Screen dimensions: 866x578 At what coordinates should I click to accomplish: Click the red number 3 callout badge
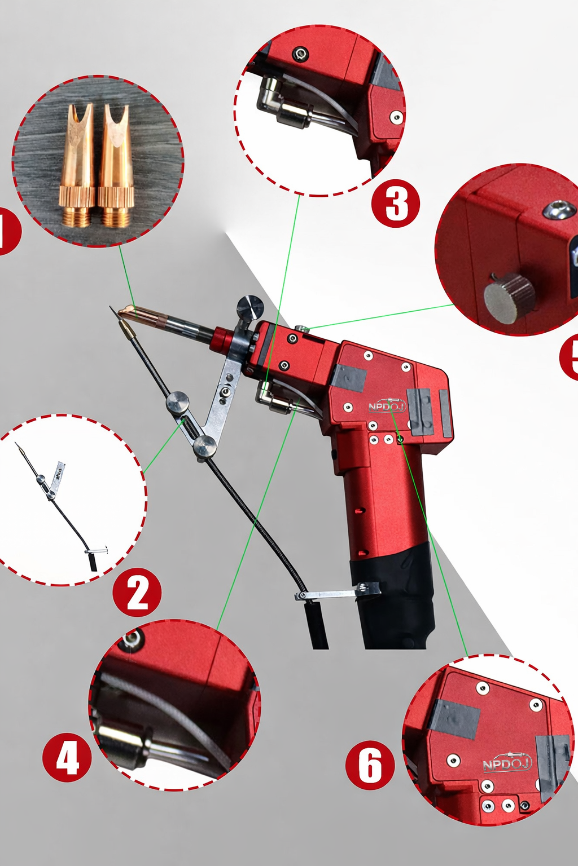click(x=396, y=204)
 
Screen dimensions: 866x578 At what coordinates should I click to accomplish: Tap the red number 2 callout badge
click(x=137, y=593)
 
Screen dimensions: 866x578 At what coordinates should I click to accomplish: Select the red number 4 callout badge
click(x=67, y=757)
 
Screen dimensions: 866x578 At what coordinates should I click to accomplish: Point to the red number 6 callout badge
click(x=370, y=765)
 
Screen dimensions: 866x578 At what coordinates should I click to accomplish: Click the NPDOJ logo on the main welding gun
click(x=387, y=406)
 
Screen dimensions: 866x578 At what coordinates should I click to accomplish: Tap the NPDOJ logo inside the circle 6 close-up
click(x=507, y=763)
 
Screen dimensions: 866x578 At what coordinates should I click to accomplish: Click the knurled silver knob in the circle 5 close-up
click(x=509, y=298)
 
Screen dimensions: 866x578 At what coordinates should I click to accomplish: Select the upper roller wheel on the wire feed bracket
click(x=177, y=402)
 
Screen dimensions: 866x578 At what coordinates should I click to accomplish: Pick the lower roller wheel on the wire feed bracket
click(x=204, y=447)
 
